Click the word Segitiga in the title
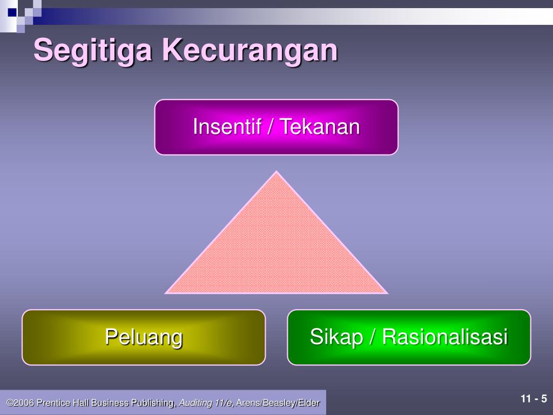point(93,51)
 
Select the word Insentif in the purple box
point(227,126)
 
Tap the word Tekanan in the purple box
point(320,126)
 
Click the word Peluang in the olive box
point(144,337)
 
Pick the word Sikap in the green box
point(336,337)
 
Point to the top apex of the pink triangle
point(276,171)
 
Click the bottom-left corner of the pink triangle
point(165,293)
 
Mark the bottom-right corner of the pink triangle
point(388,293)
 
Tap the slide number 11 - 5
point(534,399)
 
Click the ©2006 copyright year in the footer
point(20,403)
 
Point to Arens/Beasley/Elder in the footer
point(278,403)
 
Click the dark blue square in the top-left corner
point(12,12)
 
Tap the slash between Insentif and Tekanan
point(271,126)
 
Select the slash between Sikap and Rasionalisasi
point(373,337)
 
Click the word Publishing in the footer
point(153,403)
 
